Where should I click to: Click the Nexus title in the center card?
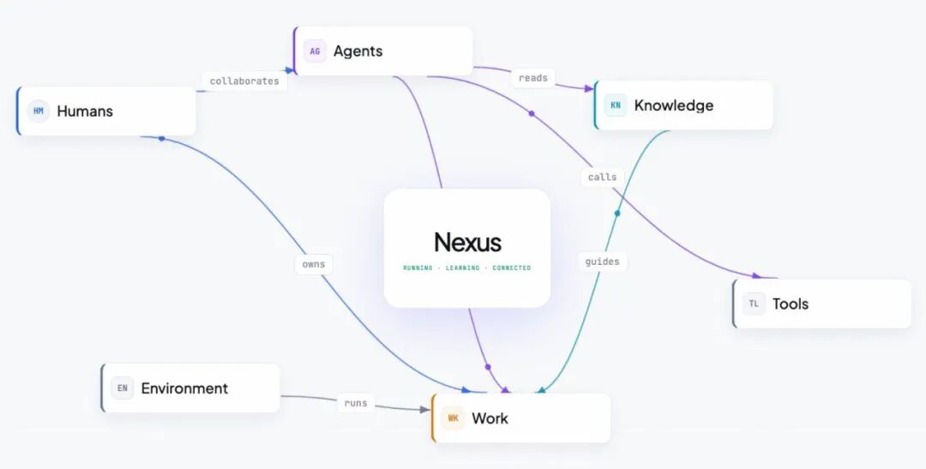tap(467, 242)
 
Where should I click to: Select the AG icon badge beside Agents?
tap(315, 51)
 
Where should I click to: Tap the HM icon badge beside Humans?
tap(39, 111)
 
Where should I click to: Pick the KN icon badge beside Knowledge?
tap(616, 105)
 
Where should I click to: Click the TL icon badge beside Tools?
tap(755, 304)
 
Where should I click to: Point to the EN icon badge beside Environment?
tap(123, 388)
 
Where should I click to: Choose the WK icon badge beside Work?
tap(453, 418)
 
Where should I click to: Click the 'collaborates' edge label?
tap(244, 81)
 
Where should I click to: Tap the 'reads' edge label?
tap(533, 78)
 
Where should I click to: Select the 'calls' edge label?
tap(603, 177)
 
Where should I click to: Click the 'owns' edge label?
tap(314, 264)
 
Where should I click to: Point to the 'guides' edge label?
tap(603, 262)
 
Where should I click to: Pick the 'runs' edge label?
tap(356, 404)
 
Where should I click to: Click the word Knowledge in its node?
tap(674, 105)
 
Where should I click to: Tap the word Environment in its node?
tap(184, 388)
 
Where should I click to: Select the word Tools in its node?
tap(791, 304)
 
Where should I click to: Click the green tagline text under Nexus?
tap(467, 268)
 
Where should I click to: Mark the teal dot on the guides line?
tap(617, 213)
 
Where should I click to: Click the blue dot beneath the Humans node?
tap(161, 138)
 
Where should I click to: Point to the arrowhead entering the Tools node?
tap(756, 275)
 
